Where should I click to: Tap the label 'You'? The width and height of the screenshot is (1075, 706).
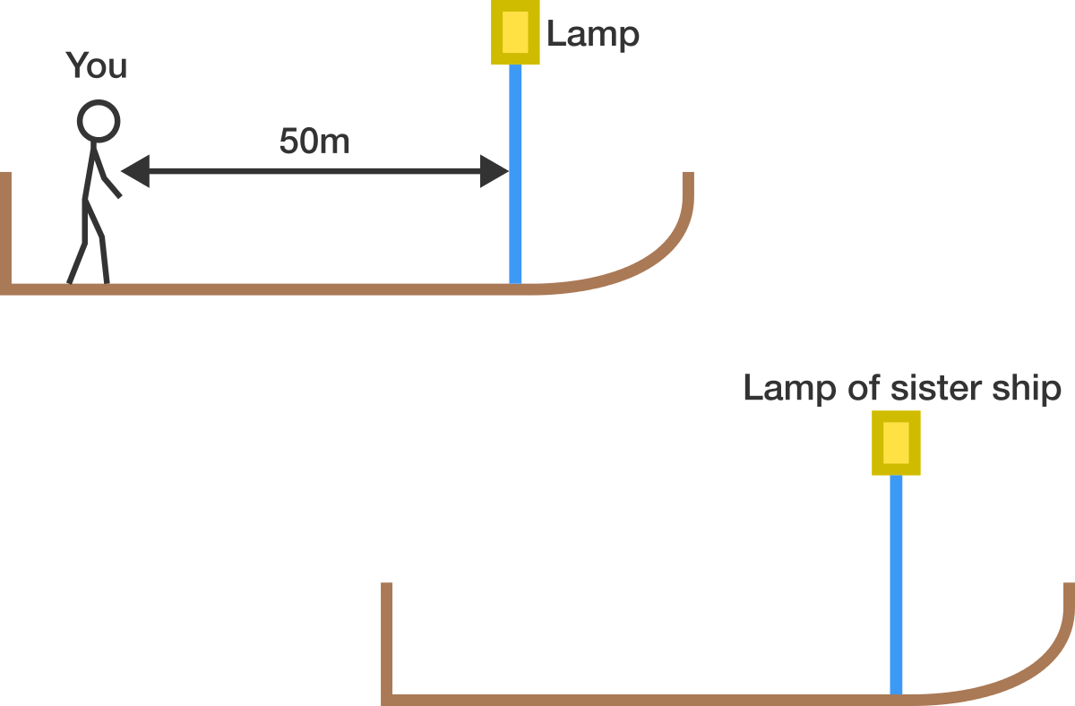click(97, 65)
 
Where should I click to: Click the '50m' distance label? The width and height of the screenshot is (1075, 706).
click(314, 141)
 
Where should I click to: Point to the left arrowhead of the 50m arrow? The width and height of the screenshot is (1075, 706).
click(135, 171)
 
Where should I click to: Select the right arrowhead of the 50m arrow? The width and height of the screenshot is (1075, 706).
click(494, 171)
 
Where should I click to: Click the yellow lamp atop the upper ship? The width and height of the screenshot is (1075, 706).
click(515, 32)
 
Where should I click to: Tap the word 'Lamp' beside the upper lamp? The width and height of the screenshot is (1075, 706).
click(593, 34)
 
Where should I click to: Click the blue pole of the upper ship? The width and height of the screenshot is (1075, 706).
click(515, 174)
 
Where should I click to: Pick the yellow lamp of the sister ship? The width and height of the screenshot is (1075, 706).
click(896, 443)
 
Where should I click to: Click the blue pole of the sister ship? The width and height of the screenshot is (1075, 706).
click(896, 584)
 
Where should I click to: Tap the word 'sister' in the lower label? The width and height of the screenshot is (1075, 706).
click(936, 388)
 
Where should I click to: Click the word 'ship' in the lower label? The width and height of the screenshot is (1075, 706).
click(1027, 390)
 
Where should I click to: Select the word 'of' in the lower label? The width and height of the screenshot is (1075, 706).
click(864, 388)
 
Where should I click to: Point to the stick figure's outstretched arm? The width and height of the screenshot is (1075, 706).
click(107, 172)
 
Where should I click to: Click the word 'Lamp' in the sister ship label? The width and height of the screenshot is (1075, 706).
click(790, 390)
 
